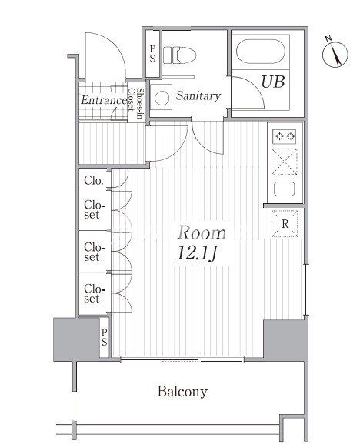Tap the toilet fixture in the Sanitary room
click(x=180, y=55)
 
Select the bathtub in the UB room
click(x=260, y=52)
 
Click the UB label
click(x=272, y=82)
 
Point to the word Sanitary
click(x=198, y=95)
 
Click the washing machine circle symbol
click(x=162, y=98)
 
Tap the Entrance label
click(x=104, y=100)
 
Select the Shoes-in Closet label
click(x=135, y=100)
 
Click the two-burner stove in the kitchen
click(x=285, y=136)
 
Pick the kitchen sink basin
click(x=284, y=189)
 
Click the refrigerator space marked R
click(x=285, y=224)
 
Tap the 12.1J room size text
click(x=197, y=252)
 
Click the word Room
click(x=202, y=232)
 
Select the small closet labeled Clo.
click(x=93, y=180)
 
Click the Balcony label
click(x=182, y=392)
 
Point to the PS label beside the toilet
click(x=152, y=54)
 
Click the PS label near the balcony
click(x=104, y=337)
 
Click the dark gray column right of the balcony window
click(x=285, y=339)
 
